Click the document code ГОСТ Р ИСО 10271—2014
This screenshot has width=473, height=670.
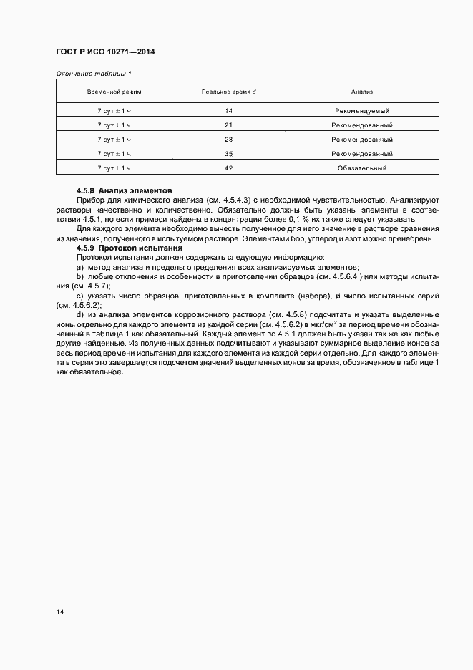point(105,52)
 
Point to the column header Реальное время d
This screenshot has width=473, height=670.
point(228,92)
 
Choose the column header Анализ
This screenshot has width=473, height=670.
point(361,92)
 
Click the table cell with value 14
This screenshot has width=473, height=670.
point(228,111)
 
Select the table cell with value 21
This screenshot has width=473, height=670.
point(228,125)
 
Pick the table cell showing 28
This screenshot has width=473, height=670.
point(228,140)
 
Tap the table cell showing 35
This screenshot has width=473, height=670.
point(228,154)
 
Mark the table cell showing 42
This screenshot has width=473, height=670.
point(228,168)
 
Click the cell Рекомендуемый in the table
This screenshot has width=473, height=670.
point(361,111)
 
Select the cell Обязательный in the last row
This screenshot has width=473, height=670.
point(361,168)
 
